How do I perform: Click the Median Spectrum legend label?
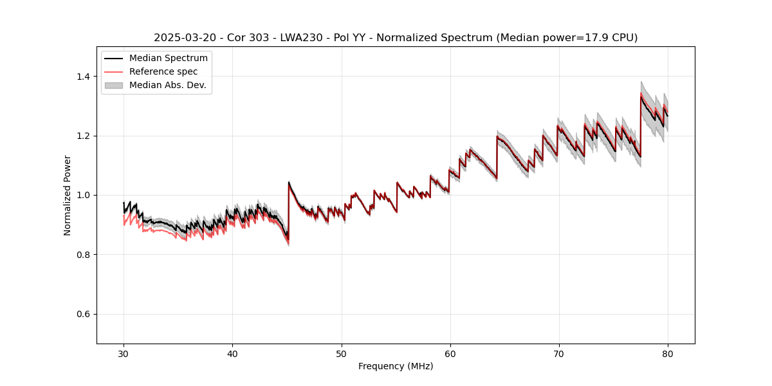coord(169,59)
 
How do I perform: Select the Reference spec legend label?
coord(163,71)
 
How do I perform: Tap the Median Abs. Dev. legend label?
coord(168,85)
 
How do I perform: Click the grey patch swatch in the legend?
coord(113,85)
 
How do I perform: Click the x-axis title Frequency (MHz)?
coord(396,366)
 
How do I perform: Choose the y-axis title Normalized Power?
coord(68,195)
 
